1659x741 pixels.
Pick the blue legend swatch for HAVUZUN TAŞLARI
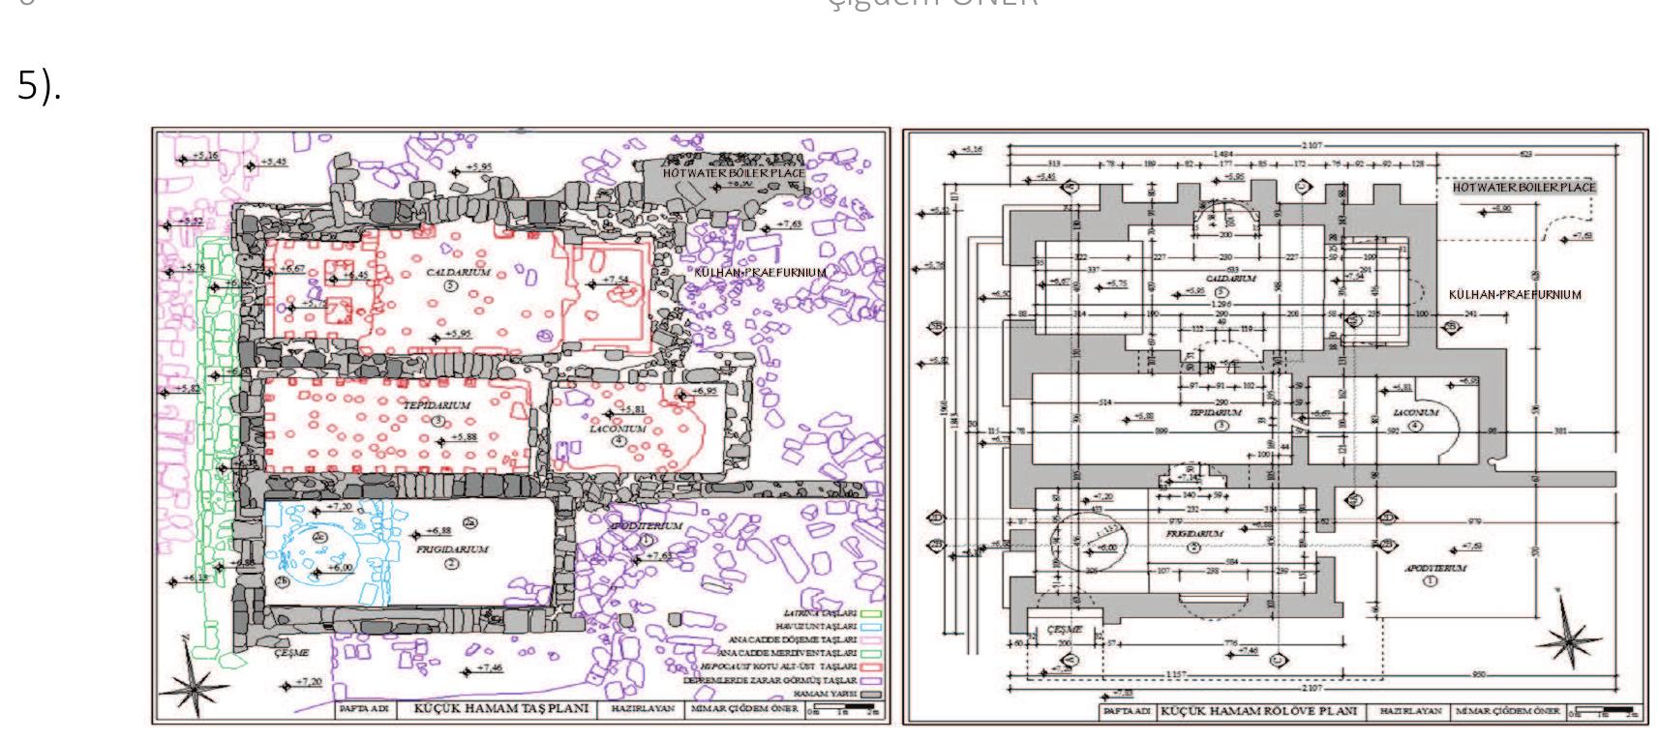tap(872, 627)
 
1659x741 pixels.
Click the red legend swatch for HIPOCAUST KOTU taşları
tap(872, 667)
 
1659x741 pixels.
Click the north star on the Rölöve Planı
tap(1567, 637)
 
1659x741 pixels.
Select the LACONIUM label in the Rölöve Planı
tap(1415, 412)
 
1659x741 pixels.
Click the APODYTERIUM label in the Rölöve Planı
tap(1435, 569)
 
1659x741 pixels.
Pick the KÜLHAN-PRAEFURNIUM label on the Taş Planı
tap(760, 273)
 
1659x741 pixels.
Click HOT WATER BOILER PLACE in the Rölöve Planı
tap(1523, 187)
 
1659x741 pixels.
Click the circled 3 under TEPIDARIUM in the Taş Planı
tap(437, 421)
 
